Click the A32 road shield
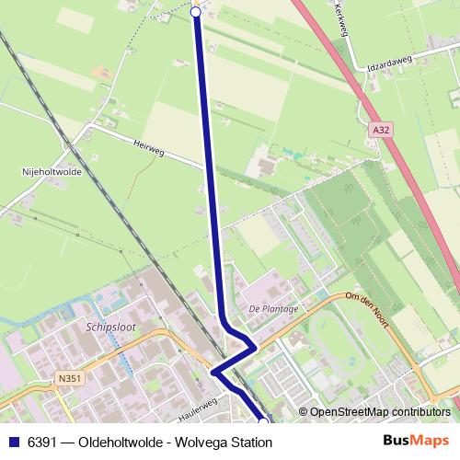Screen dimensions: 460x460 point(381,132)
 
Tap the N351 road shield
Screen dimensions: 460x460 point(67,378)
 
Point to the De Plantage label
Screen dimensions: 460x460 point(273,308)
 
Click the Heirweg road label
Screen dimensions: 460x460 point(148,148)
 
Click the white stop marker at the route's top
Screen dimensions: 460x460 point(195,12)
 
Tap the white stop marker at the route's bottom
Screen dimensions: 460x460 point(262,421)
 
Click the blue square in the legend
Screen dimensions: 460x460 point(13,443)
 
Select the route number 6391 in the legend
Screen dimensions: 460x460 point(43,443)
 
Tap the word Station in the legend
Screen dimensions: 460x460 point(248,443)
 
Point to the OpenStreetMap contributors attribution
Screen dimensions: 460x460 point(380,412)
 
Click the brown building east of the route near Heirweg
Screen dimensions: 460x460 point(267,167)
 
